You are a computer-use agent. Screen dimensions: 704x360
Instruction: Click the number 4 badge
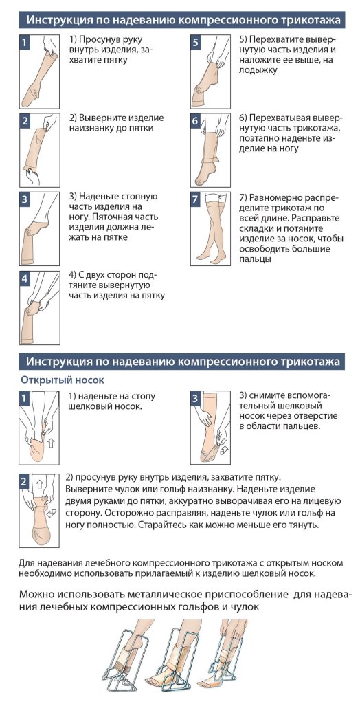click(x=25, y=279)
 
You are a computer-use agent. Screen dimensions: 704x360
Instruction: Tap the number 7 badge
click(x=195, y=199)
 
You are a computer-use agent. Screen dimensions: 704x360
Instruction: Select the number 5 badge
click(x=195, y=43)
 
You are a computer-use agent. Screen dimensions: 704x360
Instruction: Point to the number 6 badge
click(x=195, y=121)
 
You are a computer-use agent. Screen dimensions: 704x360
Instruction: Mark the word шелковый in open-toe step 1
click(x=91, y=406)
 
